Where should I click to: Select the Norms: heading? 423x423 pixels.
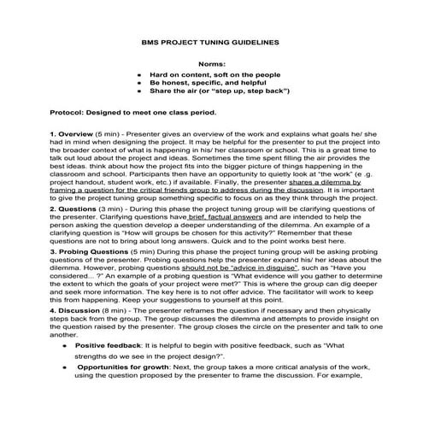pos(210,63)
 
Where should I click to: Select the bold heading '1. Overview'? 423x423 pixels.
pos(74,134)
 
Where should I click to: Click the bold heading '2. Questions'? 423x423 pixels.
pos(77,208)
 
